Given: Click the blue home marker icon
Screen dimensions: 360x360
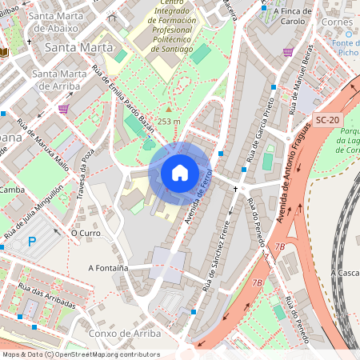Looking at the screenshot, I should tap(180, 172).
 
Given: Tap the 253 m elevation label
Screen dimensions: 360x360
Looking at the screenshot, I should tap(169, 121).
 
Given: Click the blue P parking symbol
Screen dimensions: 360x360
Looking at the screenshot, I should tap(32, 242).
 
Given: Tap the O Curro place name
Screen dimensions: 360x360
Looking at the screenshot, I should tap(85, 233).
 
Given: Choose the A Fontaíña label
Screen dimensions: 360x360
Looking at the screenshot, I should tap(110, 268).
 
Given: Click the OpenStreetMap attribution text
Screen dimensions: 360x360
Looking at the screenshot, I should tap(81, 354).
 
